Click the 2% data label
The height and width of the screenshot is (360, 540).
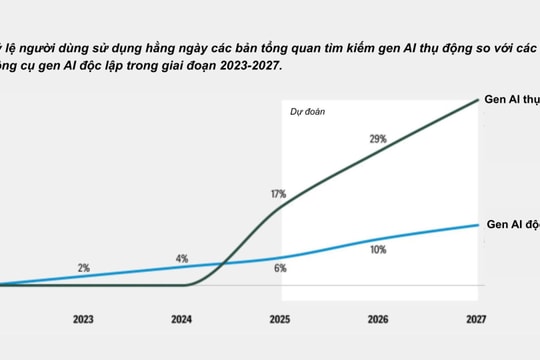pyautogui.click(x=83, y=268)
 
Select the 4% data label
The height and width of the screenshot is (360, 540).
pyautogui.click(x=181, y=258)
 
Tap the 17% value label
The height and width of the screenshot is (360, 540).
pyautogui.click(x=278, y=193)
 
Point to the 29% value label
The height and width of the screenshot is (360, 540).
pyautogui.click(x=377, y=139)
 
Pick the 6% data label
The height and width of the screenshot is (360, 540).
pyautogui.click(x=280, y=268)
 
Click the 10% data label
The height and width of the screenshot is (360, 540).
pyautogui.click(x=378, y=249)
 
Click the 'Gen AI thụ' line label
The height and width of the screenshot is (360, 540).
pyautogui.click(x=511, y=101)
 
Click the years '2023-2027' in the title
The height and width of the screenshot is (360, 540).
pyautogui.click(x=250, y=66)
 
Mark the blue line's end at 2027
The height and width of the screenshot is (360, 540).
pyautogui.click(x=476, y=225)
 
